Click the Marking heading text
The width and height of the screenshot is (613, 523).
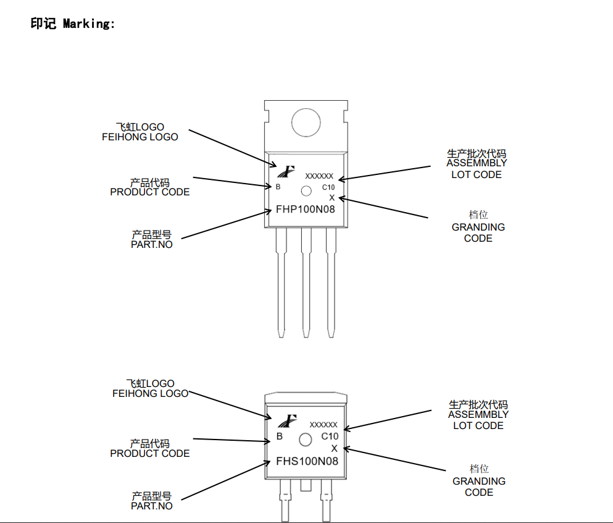[x=73, y=24]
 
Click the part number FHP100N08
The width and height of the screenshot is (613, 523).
[x=305, y=210]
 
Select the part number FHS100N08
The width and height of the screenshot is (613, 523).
[x=307, y=461]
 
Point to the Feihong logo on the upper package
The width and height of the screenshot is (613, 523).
[x=285, y=172]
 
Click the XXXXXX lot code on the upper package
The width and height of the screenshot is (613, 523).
[x=319, y=176]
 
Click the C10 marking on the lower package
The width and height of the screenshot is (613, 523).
[x=330, y=436]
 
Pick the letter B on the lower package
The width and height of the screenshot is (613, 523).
[x=280, y=436]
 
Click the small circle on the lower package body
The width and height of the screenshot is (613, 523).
[x=305, y=440]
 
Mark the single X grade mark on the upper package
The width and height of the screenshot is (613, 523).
[x=332, y=198]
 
